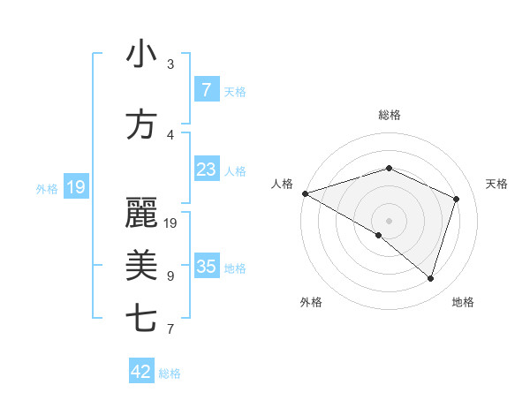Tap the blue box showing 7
tap(206, 90)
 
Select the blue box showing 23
tap(206, 170)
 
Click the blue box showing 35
tap(206, 267)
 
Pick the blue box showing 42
tap(141, 372)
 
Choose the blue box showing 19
tap(76, 187)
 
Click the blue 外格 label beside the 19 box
tap(47, 188)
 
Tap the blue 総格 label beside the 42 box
tap(170, 373)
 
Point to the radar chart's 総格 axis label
tap(389, 115)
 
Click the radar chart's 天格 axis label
tap(497, 184)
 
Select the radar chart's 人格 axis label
tap(282, 184)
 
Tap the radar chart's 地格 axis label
tap(463, 302)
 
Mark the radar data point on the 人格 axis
tap(305, 192)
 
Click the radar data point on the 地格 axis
tap(430, 278)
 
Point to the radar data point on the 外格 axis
tap(379, 235)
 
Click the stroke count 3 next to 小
tap(170, 64)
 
